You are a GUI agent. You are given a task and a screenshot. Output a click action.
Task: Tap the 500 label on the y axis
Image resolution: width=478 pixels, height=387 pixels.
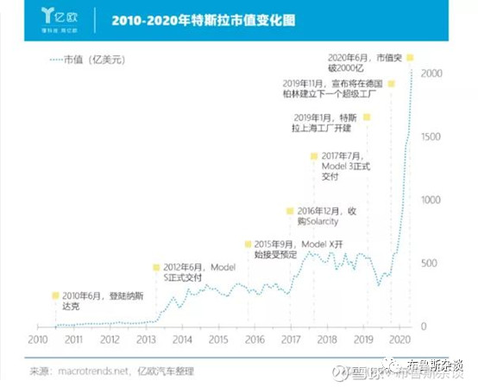(x=433, y=263)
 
